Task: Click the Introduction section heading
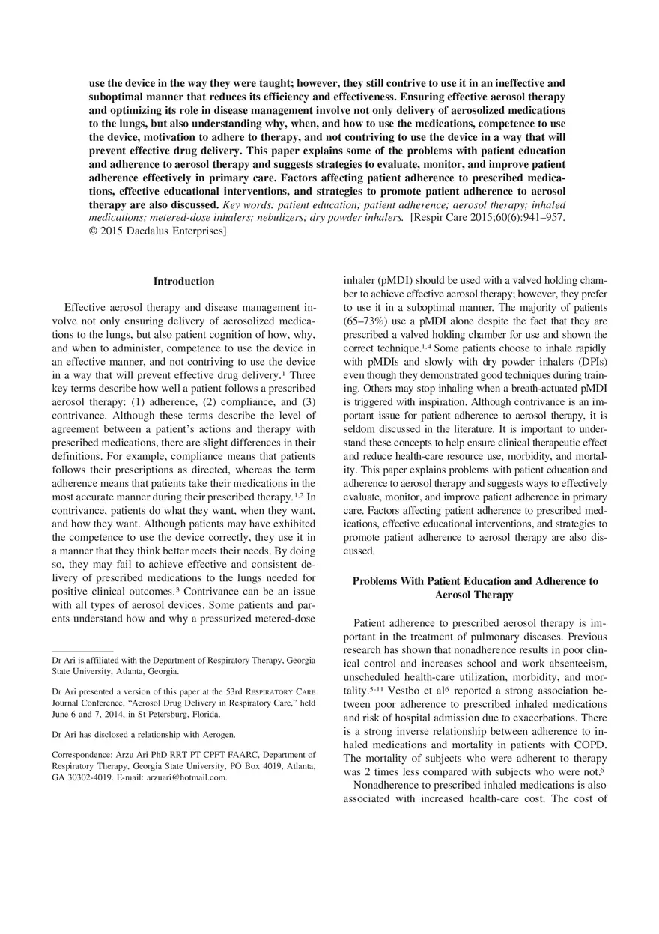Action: click(x=183, y=282)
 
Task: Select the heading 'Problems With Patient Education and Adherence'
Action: click(x=475, y=581)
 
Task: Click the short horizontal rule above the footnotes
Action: click(x=82, y=651)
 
